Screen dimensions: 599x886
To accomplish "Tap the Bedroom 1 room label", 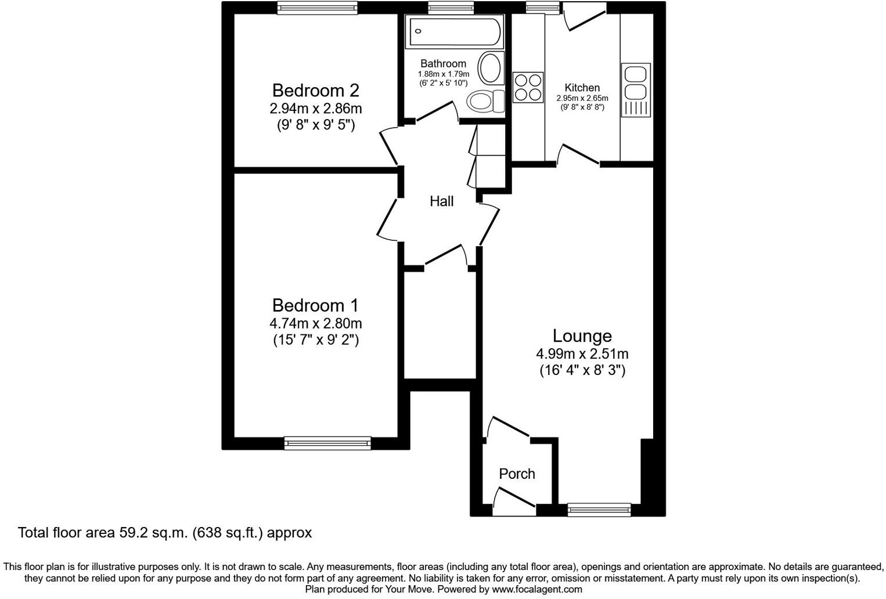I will (315, 305).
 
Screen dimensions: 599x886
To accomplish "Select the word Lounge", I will (582, 336).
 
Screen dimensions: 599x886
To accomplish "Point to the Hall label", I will (441, 201).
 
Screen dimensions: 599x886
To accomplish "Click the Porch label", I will (517, 474).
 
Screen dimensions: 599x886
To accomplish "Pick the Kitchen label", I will (582, 88).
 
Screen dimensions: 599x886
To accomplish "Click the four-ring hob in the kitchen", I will (528, 87).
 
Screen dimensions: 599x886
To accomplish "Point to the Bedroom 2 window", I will (316, 8).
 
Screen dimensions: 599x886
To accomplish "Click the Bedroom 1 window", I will (327, 443).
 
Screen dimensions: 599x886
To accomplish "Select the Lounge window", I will (599, 510).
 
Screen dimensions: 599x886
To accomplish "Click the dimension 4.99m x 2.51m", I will (582, 353).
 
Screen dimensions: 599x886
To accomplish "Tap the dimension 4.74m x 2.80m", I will (315, 323).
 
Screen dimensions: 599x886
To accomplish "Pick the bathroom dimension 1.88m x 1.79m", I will (443, 74).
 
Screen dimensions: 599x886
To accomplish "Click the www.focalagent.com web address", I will (536, 590).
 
